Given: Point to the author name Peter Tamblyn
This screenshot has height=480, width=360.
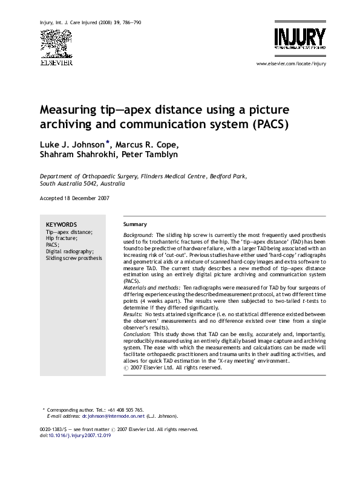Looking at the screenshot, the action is coord(149,154).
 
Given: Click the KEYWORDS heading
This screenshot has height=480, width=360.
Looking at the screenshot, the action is coord(61,224).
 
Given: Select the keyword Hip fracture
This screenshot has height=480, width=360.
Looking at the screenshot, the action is coord(61,238).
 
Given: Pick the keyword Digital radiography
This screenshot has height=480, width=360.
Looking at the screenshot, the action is coord(70,251).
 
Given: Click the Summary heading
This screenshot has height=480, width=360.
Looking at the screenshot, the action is coord(135,224).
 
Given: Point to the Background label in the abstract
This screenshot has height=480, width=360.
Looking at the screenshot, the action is coord(138,234).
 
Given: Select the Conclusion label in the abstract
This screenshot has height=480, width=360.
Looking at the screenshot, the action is coord(137,333).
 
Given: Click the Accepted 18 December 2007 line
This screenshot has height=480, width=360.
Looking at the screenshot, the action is coord(74,198).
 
